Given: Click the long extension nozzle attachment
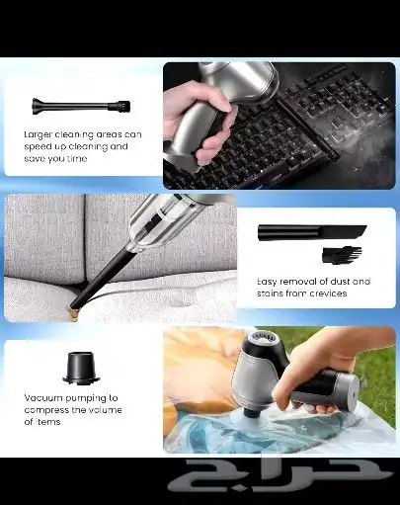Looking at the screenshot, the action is [x=81, y=106].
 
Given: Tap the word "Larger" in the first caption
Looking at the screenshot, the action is [x=38, y=134].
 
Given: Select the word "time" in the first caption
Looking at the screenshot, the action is [x=77, y=158].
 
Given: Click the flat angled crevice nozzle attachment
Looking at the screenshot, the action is [x=312, y=232].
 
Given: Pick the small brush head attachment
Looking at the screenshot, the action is [x=342, y=254].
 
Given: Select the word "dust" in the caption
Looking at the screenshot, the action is [x=340, y=282].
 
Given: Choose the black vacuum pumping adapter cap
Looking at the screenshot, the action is [x=81, y=368].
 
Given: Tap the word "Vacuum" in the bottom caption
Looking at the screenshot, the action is [x=43, y=398].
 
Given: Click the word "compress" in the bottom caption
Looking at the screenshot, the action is [x=42, y=410].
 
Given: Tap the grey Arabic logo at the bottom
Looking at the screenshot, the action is [x=280, y=475].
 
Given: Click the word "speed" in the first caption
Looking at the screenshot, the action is [x=37, y=147].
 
